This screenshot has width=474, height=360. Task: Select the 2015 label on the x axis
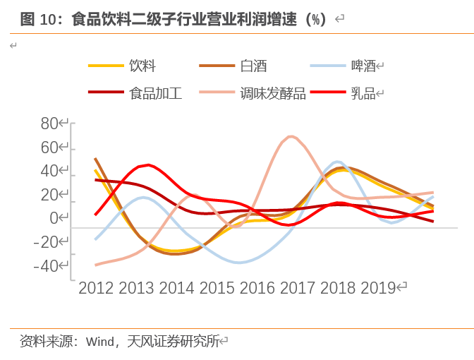coord(217,288)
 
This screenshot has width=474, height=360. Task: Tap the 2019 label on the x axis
coord(377,288)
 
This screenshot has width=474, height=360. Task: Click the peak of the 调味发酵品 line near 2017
coord(291,136)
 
